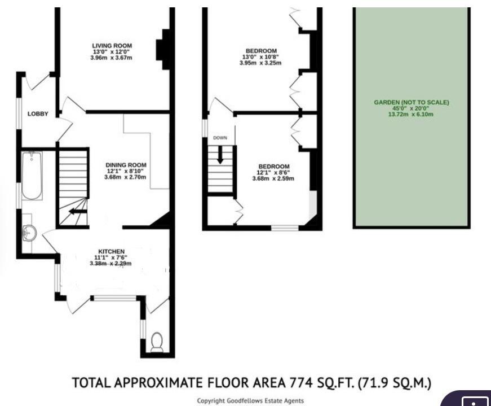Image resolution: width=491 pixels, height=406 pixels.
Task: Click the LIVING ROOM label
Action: (112, 46)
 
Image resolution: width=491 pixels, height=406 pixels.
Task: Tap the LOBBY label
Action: (38, 114)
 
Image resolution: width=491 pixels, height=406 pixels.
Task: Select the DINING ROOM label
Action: (126, 165)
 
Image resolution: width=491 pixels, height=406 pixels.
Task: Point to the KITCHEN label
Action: (112, 251)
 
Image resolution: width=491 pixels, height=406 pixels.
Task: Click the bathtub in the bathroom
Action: (32, 176)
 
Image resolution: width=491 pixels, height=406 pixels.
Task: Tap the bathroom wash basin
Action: (29, 233)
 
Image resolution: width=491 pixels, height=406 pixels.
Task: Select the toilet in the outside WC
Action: (157, 342)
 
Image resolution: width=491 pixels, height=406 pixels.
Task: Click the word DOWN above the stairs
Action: (220, 138)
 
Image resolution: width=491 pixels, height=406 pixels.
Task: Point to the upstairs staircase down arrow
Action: (220, 155)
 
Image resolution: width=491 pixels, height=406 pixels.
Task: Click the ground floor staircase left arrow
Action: (78, 212)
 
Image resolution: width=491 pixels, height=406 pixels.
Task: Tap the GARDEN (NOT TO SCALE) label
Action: (412, 102)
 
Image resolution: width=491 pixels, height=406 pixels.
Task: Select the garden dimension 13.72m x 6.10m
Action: (411, 114)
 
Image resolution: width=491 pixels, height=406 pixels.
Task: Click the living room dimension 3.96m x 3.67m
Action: (111, 58)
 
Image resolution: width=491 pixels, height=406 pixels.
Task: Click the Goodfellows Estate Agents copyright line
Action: (250, 401)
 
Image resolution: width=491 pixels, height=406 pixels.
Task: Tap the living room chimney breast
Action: (163, 49)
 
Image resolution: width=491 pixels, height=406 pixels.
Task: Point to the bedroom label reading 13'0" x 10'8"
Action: (260, 57)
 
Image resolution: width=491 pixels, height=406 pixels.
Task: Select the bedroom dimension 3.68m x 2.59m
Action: (273, 178)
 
